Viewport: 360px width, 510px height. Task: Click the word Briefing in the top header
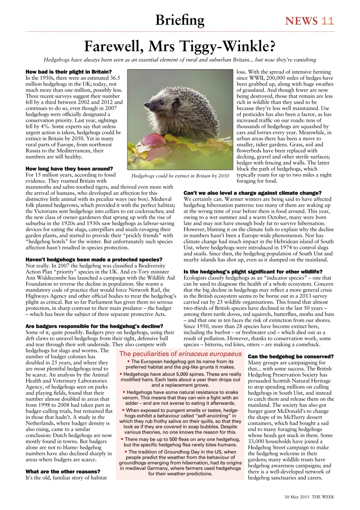[180, 20]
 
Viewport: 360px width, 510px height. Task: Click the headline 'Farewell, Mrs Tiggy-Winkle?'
[180, 47]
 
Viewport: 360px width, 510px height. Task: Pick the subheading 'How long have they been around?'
[69, 169]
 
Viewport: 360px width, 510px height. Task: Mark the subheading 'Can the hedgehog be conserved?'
[290, 356]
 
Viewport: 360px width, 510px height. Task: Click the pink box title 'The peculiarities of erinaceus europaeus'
[180, 354]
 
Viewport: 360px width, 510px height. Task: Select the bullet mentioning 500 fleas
[180, 442]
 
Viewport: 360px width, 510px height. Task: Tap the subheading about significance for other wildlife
[258, 271]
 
